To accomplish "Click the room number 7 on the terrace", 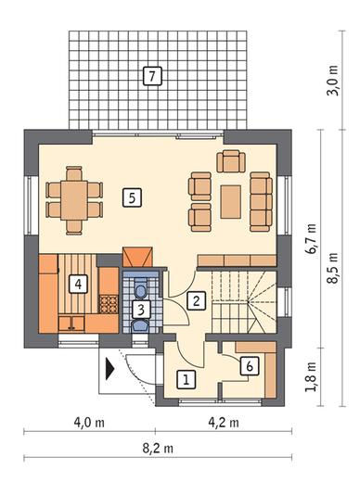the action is pos(152,76).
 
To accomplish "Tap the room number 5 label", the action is pos(132,197).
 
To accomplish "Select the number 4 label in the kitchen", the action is pos(78,284).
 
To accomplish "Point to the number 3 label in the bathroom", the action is pos(141,310).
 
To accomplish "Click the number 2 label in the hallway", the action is pos(196,300).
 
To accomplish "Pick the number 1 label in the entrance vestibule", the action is pos(186,379).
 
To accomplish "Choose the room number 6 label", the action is pos(250,366).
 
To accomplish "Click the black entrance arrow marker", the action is pos(109,368).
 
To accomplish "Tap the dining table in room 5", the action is pos(74,200).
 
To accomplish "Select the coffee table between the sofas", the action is pos(231,202).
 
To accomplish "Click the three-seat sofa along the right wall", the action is pos(261,202).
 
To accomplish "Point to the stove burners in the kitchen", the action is pos(109,304).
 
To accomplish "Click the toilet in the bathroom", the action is pos(141,288).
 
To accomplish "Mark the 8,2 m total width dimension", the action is pos(158,448).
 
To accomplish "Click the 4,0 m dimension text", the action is pos(89,422).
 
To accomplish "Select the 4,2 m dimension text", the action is pos(224,422).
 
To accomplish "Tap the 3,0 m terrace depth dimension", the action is pos(333,81).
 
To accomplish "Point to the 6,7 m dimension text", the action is pos(311,238).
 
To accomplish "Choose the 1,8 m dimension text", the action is pos(311,376).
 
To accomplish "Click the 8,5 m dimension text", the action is pos(333,268).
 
